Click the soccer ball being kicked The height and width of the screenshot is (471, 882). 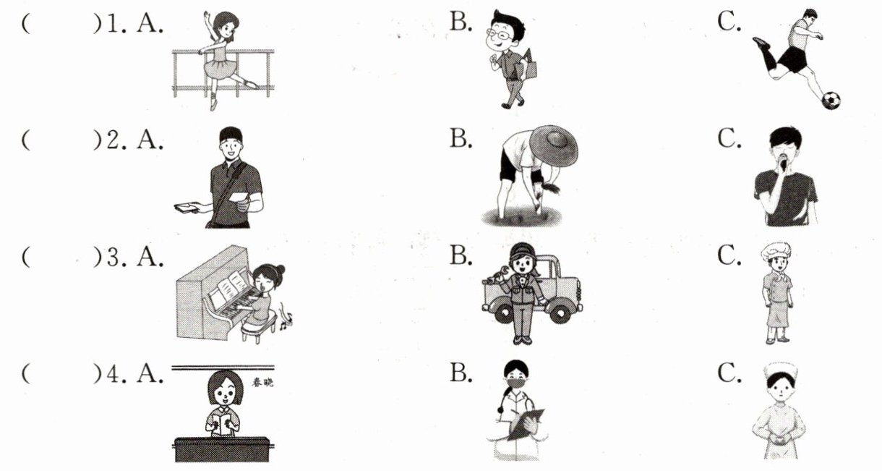pos(831,101)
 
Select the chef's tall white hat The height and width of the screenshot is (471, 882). pos(776,251)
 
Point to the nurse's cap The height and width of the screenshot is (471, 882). pos(782,370)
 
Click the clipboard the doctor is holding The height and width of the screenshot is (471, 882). pos(526,424)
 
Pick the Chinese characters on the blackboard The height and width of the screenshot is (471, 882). pos(262,382)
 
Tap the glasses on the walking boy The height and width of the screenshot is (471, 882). pos(500,35)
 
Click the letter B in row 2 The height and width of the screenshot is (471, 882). pos(461,138)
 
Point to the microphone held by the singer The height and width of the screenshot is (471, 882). pos(784,161)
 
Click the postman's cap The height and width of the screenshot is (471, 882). pos(231,134)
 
